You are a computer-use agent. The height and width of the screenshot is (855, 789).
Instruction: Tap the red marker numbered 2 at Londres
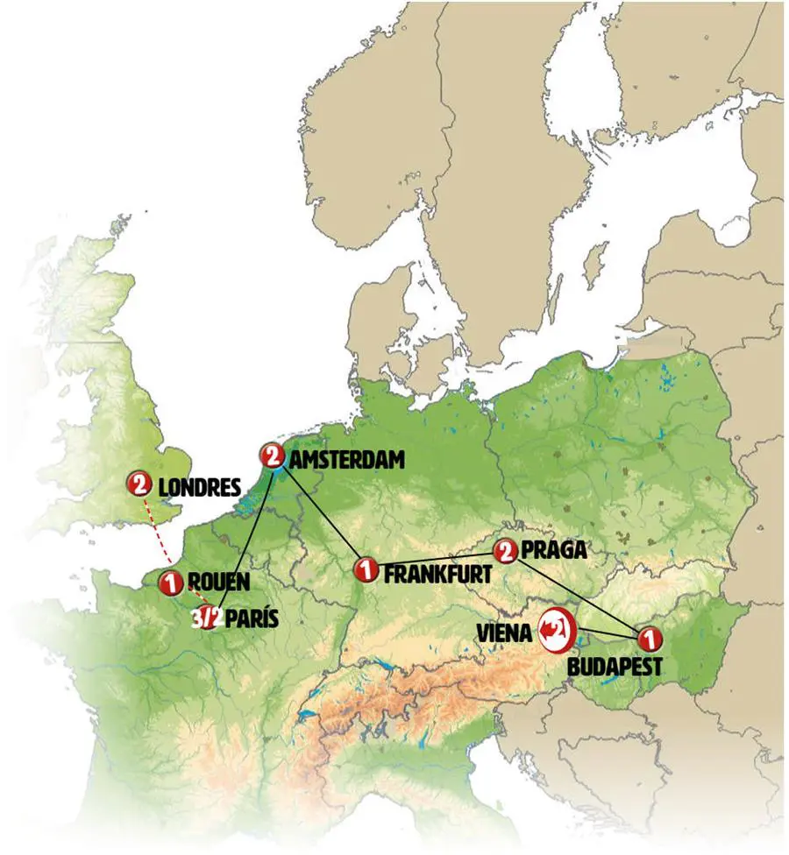[139, 483]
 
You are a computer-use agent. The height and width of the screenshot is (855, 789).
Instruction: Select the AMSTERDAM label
[349, 458]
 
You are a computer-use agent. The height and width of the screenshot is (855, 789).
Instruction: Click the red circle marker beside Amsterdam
[273, 456]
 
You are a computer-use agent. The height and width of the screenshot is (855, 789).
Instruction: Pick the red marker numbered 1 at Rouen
[170, 581]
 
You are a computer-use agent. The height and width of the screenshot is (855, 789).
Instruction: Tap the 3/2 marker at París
[207, 617]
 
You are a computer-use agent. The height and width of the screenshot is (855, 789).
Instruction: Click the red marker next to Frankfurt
[365, 569]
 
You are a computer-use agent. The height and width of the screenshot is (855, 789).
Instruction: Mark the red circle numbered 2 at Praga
[505, 550]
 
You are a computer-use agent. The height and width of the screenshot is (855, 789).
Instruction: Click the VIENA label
[506, 631]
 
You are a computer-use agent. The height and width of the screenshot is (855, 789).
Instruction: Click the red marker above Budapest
[648, 639]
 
